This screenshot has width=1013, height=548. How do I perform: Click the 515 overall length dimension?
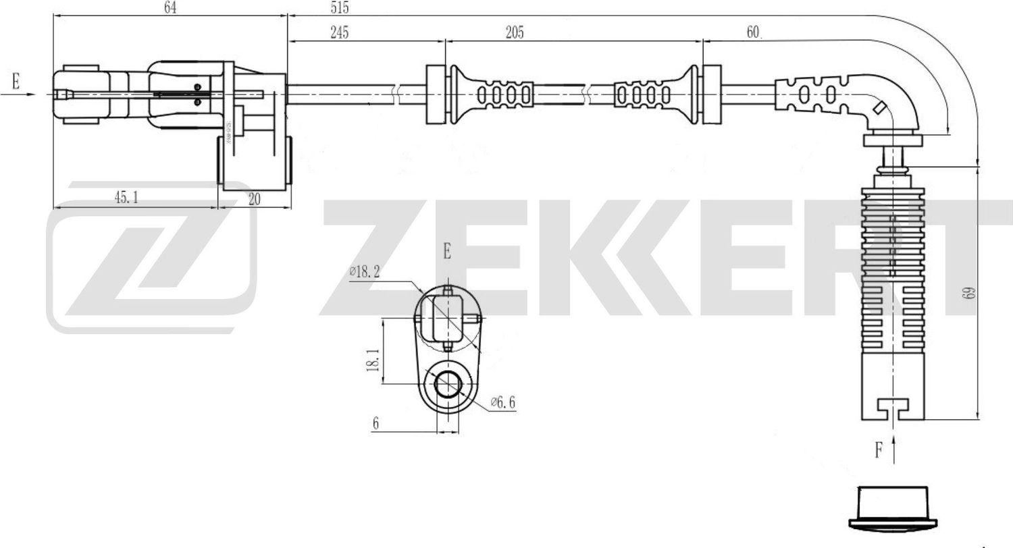(340, 8)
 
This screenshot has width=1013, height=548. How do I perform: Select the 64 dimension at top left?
(170, 8)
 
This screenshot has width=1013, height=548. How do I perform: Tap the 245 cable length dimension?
(339, 32)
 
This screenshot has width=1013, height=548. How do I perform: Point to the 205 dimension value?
(514, 32)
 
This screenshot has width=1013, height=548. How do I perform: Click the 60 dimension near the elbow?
(754, 32)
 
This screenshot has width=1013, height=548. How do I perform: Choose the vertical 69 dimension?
(970, 293)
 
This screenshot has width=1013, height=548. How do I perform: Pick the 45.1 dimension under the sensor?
(126, 198)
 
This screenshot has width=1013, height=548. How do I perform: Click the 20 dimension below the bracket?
(255, 199)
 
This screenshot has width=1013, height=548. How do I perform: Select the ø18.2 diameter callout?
(365, 272)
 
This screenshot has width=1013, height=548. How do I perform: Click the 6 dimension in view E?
(376, 424)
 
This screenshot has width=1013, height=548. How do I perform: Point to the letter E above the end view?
(447, 252)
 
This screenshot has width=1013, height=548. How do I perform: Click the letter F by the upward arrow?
(879, 450)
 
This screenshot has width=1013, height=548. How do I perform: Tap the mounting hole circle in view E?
(446, 385)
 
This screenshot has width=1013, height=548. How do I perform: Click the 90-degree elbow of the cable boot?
(888, 105)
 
